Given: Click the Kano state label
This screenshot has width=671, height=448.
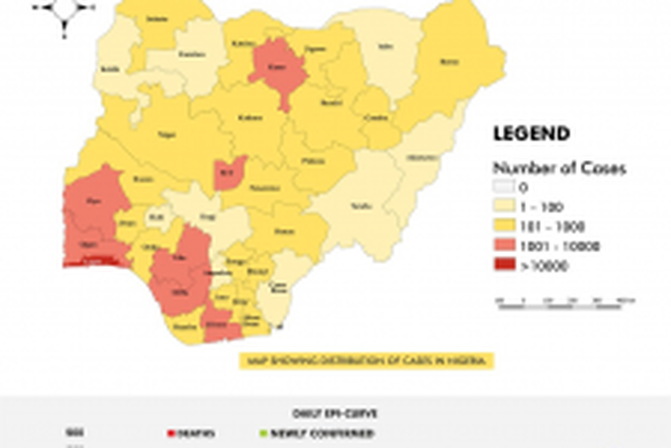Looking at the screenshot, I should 277,67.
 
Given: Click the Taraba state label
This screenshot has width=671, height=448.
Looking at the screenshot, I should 362,206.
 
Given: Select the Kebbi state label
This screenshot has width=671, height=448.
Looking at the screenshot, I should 110,69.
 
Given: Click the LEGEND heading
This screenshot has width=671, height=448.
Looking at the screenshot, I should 531,134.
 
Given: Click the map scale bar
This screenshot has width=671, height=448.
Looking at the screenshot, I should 565,300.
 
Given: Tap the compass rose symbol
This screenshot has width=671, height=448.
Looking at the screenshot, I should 64,11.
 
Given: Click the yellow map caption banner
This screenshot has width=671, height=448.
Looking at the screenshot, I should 367,361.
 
